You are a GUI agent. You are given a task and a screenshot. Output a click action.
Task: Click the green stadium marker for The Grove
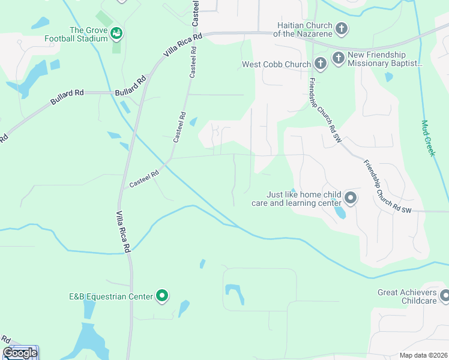[116, 34]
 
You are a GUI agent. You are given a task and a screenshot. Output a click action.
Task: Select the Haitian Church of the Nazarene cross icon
[342, 28]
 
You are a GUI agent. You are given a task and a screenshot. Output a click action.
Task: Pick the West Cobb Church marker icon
[320, 64]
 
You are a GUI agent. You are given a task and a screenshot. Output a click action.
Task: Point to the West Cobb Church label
[276, 64]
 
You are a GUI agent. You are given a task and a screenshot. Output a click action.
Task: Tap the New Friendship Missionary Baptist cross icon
[339, 58]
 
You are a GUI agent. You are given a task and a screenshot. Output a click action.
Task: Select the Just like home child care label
[304, 199]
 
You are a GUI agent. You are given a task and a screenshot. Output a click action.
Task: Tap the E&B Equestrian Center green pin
[162, 295]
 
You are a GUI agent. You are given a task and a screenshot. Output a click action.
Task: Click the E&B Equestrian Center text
[110, 296]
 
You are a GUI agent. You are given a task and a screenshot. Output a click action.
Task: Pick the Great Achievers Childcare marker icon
[445, 295]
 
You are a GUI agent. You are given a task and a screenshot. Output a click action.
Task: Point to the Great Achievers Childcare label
[406, 296]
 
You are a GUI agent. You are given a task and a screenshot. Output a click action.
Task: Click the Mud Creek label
[427, 139]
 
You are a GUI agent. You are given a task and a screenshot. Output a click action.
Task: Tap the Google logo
[20, 353]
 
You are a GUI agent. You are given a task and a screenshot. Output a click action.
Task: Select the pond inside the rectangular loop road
[235, 293]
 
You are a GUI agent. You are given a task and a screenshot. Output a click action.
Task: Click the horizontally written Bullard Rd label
[130, 93]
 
